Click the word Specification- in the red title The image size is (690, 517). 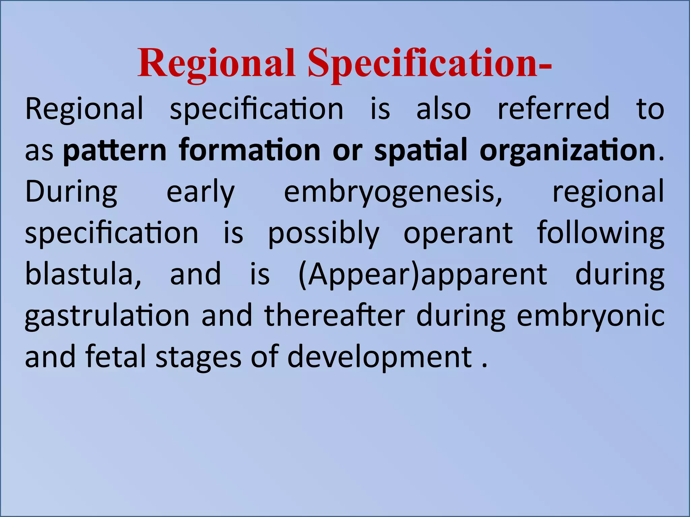(430, 64)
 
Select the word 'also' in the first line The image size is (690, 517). (443, 109)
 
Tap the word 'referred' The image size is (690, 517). (554, 109)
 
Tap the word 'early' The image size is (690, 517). (200, 192)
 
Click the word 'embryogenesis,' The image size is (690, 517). (393, 192)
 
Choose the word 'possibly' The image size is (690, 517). (323, 233)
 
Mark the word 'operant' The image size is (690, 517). (458, 233)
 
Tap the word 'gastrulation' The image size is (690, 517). (107, 316)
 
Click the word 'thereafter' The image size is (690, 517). (334, 316)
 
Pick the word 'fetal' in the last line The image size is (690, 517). (116, 357)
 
